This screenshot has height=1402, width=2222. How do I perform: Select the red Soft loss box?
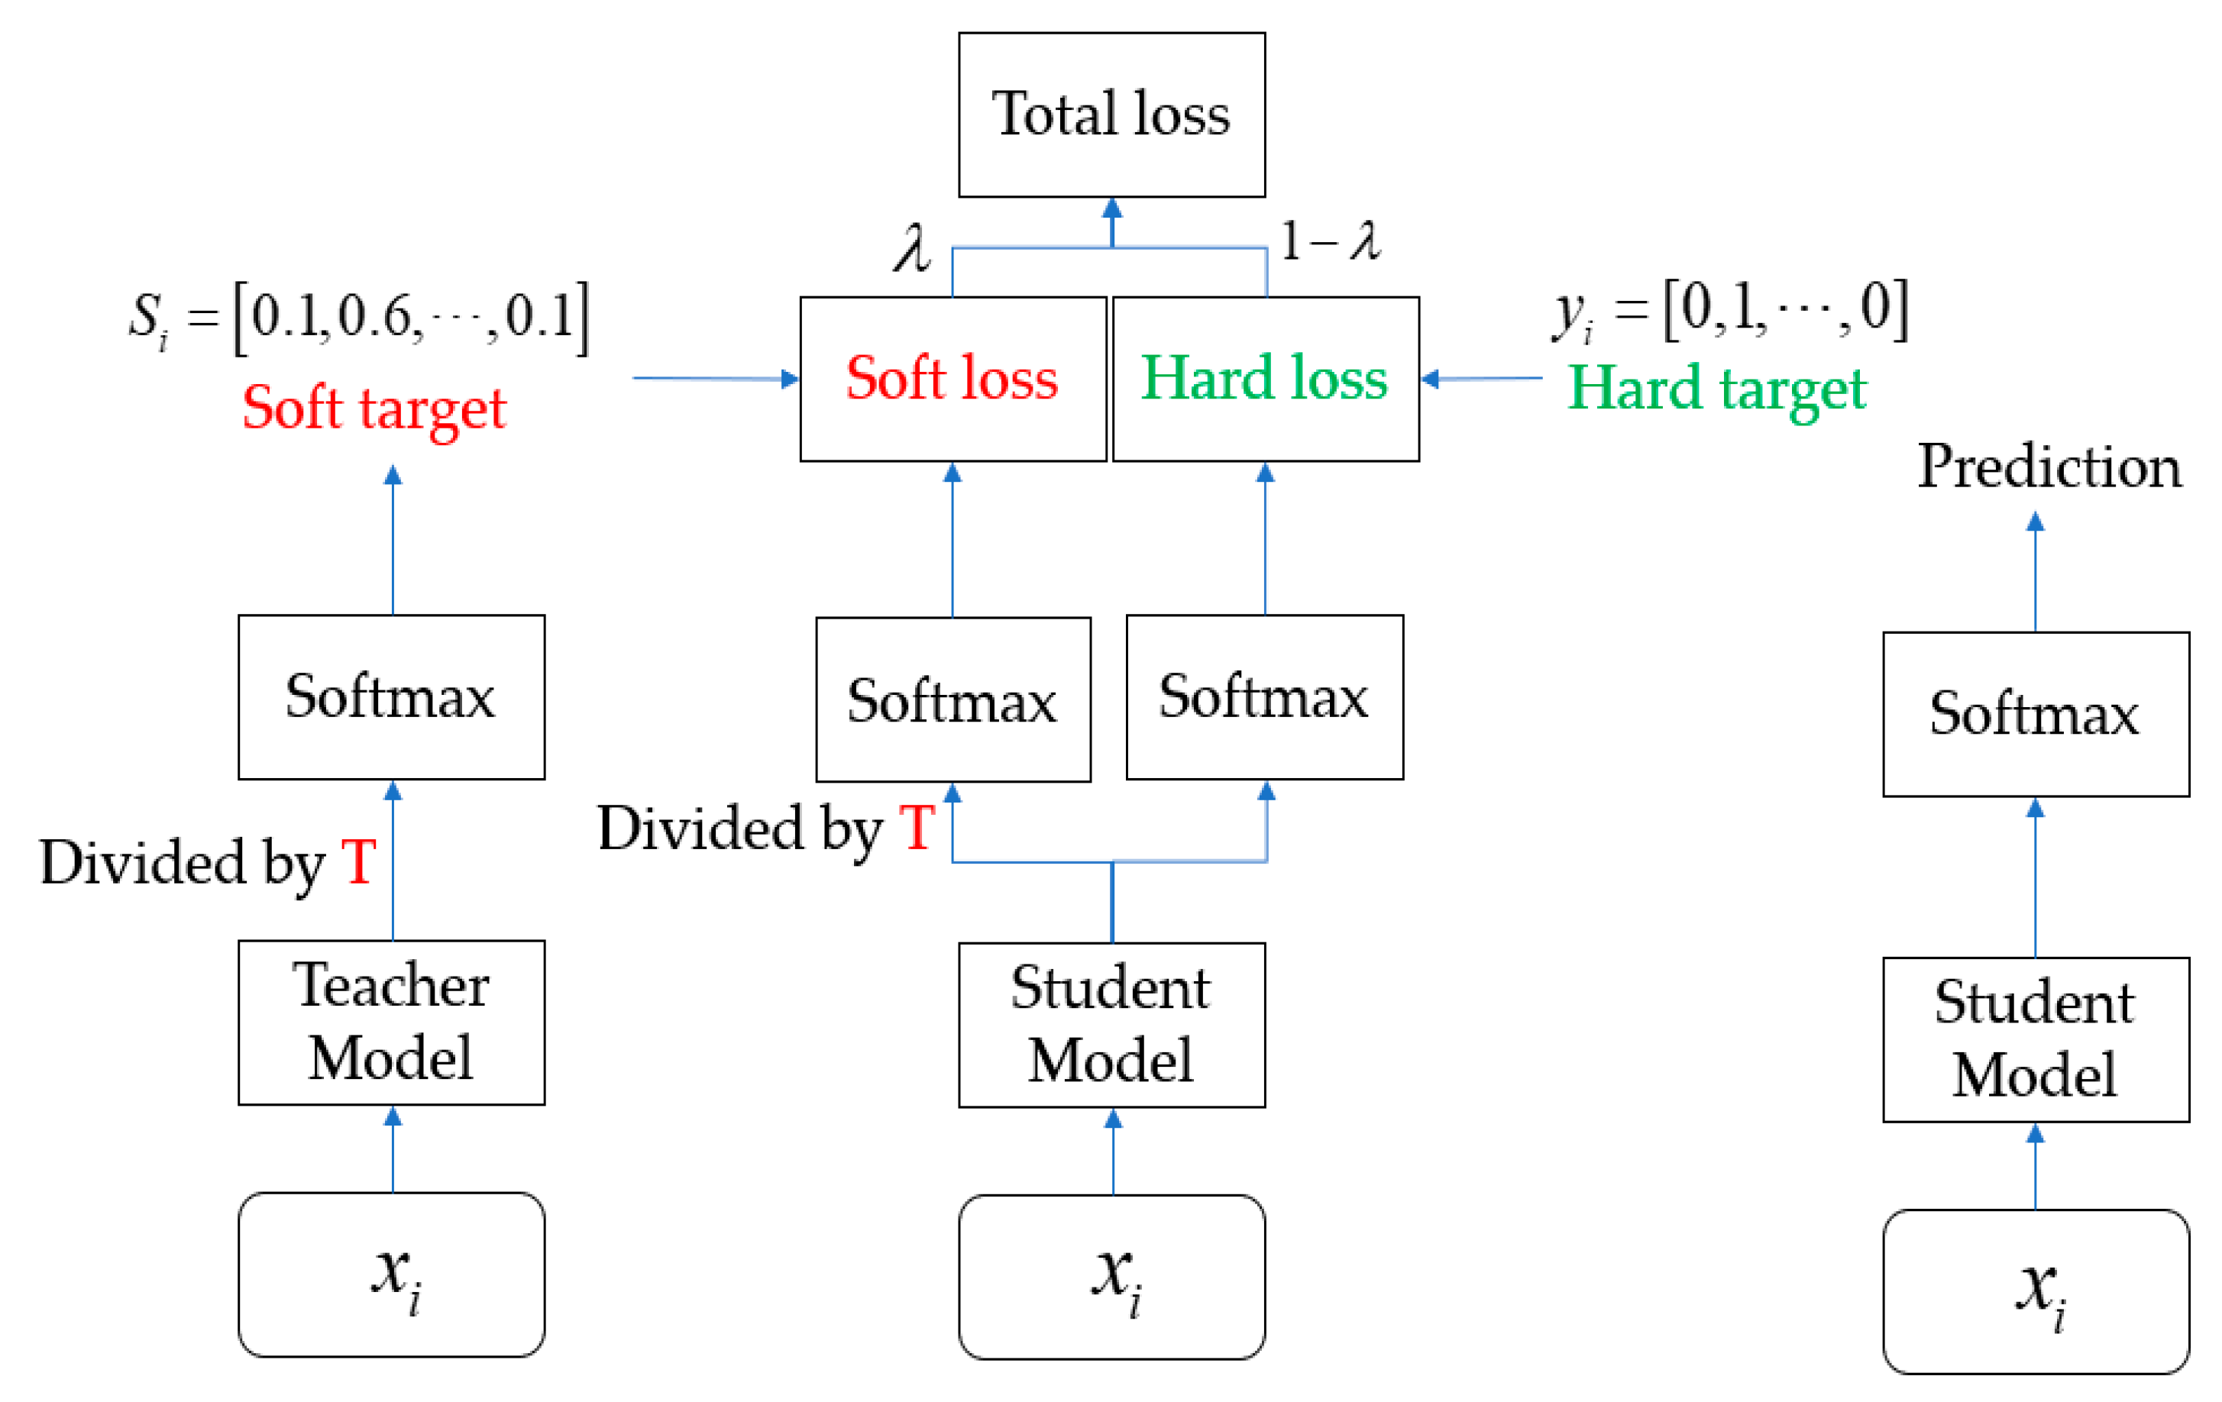(953, 378)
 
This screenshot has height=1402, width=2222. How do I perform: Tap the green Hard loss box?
(1265, 378)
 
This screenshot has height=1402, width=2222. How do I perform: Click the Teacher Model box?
(391, 1022)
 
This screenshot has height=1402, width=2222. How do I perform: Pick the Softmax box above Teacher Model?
(391, 696)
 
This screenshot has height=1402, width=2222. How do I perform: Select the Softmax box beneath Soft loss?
(953, 699)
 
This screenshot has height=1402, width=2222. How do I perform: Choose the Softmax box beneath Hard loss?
(1264, 696)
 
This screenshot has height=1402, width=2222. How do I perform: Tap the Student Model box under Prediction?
(2035, 1039)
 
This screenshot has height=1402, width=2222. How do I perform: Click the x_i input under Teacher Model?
(391, 1274)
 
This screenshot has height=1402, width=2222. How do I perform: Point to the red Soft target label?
(374, 408)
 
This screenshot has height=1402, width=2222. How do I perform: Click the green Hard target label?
(1716, 389)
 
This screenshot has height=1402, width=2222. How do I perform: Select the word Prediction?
(2049, 467)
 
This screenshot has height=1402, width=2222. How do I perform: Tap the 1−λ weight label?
(1330, 241)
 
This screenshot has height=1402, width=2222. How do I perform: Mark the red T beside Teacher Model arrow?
(358, 862)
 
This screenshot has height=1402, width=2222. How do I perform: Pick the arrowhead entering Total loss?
(1112, 209)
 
